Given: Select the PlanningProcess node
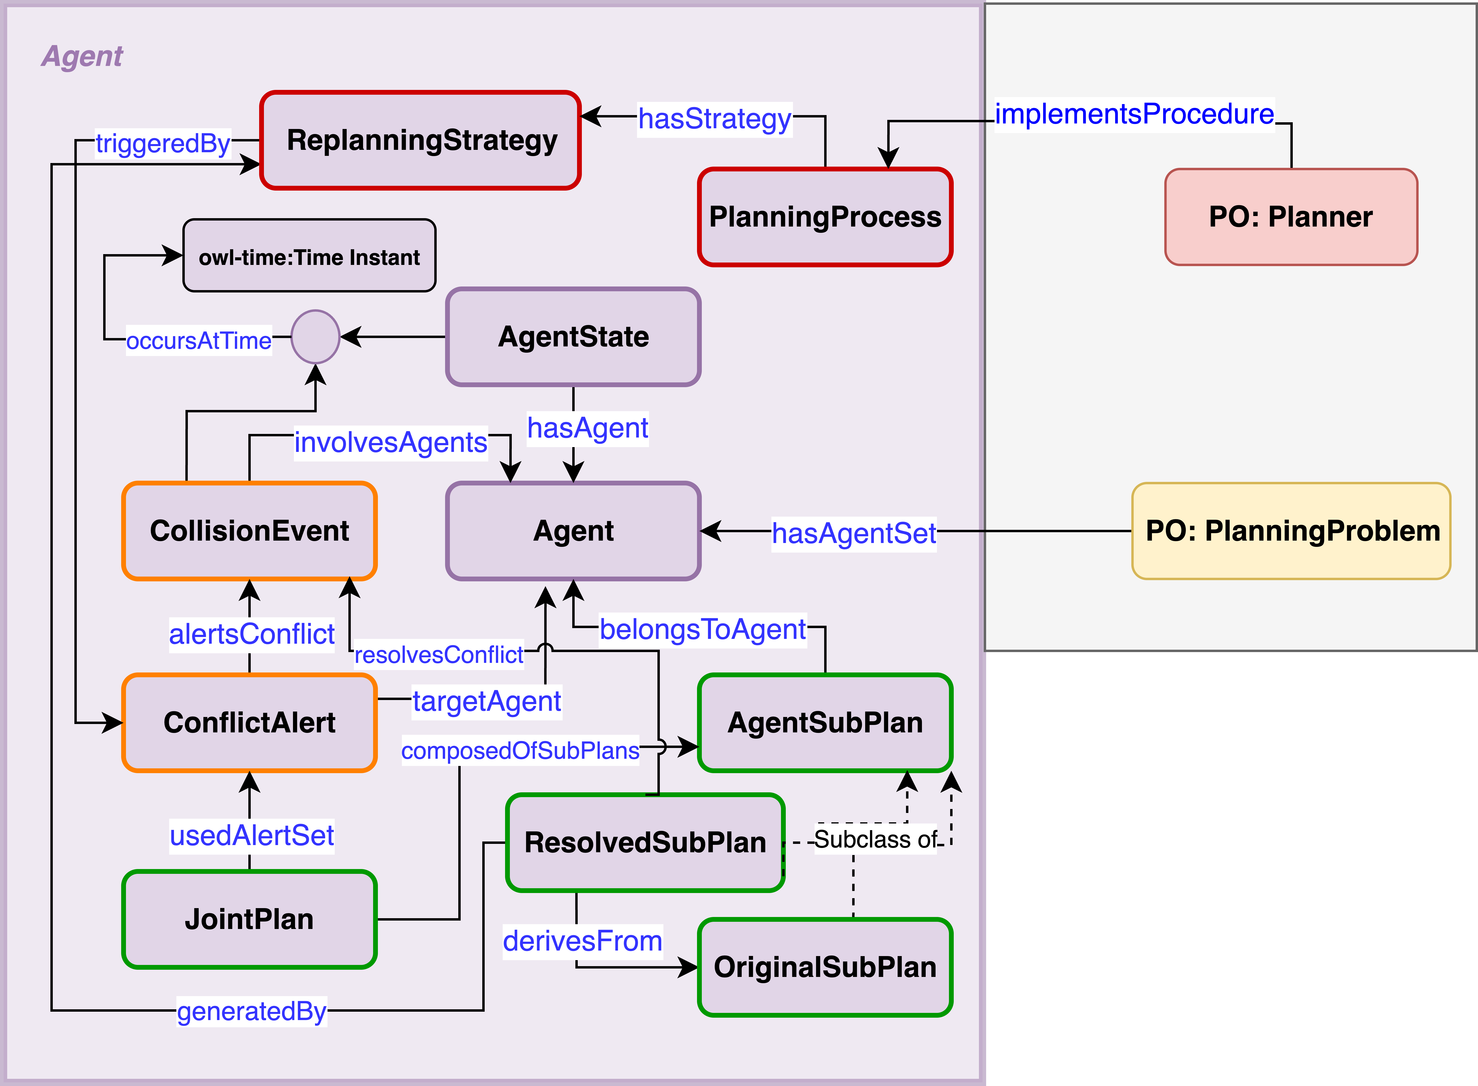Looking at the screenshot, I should [825, 217].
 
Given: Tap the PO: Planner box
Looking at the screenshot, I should [1291, 217].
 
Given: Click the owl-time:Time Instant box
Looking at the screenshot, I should [309, 256].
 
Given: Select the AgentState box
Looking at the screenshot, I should [573, 337].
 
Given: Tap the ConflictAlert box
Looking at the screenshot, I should [249, 723].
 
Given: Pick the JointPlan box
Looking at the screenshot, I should [249, 919].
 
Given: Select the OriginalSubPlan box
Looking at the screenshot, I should [825, 967].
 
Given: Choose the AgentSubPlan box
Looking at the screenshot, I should [825, 723].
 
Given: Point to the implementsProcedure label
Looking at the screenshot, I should [1134, 114].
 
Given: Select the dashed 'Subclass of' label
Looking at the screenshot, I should [875, 840].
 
